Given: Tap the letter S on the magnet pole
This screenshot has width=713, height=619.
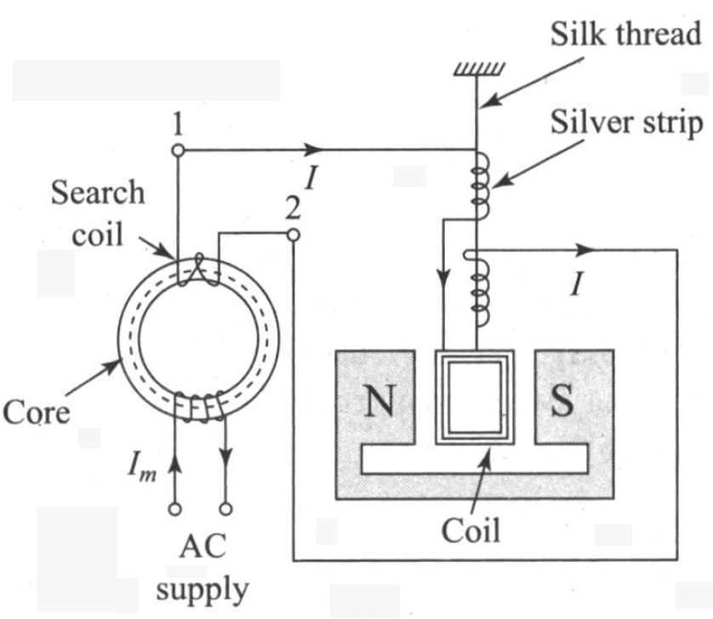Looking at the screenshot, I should [x=562, y=401].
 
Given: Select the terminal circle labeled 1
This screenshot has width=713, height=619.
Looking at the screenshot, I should [x=177, y=151].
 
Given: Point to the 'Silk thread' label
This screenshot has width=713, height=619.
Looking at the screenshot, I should [x=625, y=35].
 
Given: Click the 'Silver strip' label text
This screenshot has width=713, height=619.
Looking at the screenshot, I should [x=625, y=123].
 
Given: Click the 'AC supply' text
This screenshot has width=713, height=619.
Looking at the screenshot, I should [x=202, y=567].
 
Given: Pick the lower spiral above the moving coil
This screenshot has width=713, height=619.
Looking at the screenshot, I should [x=479, y=289].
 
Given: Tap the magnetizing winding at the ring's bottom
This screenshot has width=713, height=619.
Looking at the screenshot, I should [x=200, y=408].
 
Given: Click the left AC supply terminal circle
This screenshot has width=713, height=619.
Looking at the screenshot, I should [x=175, y=508].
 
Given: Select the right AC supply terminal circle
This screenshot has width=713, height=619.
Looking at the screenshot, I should [x=226, y=508].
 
